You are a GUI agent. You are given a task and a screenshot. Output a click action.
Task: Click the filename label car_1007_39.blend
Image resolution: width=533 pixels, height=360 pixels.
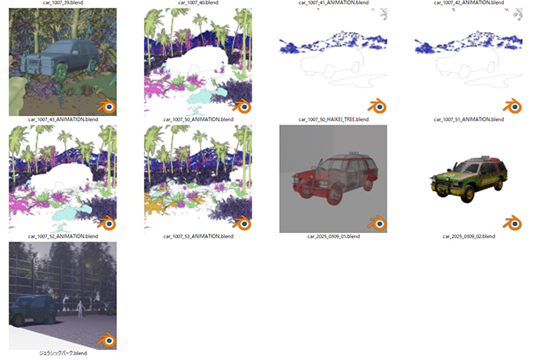(63, 2)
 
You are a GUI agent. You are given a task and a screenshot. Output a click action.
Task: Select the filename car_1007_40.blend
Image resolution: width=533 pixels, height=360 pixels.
(198, 2)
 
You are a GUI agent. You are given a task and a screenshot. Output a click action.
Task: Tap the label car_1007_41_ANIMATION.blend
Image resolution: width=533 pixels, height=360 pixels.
(333, 2)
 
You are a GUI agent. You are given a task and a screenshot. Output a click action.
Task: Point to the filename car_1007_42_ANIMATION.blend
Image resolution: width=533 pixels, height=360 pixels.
(469, 2)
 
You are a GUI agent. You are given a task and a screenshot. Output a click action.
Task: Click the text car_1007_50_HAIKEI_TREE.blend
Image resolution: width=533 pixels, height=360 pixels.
(333, 119)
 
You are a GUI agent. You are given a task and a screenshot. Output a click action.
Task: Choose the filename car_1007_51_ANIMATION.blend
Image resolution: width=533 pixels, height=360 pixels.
(469, 119)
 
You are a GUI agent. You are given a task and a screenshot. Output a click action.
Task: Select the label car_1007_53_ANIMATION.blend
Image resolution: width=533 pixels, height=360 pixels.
(198, 236)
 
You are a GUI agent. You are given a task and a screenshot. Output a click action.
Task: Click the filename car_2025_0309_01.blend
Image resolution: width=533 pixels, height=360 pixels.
(333, 236)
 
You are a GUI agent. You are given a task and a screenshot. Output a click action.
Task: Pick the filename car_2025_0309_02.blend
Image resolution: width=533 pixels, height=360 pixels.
(469, 236)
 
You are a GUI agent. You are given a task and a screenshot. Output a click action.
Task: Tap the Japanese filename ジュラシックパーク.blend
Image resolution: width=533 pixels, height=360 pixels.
(63, 353)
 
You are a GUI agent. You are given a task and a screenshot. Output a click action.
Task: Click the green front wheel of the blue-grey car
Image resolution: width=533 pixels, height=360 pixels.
(61, 72)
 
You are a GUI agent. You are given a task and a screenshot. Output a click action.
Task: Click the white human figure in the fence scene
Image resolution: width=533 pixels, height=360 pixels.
(80, 309)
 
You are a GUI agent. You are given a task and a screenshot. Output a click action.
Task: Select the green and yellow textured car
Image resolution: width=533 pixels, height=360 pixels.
(469, 179)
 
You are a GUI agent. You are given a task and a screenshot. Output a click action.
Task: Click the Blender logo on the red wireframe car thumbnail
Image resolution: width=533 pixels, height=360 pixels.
(377, 224)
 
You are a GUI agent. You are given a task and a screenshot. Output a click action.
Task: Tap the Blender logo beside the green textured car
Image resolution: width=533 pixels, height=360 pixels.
(513, 224)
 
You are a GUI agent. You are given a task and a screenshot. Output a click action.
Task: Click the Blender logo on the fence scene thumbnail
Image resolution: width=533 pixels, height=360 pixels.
(107, 340)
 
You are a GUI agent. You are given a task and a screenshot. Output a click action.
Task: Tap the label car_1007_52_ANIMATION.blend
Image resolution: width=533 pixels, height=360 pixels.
(63, 236)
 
